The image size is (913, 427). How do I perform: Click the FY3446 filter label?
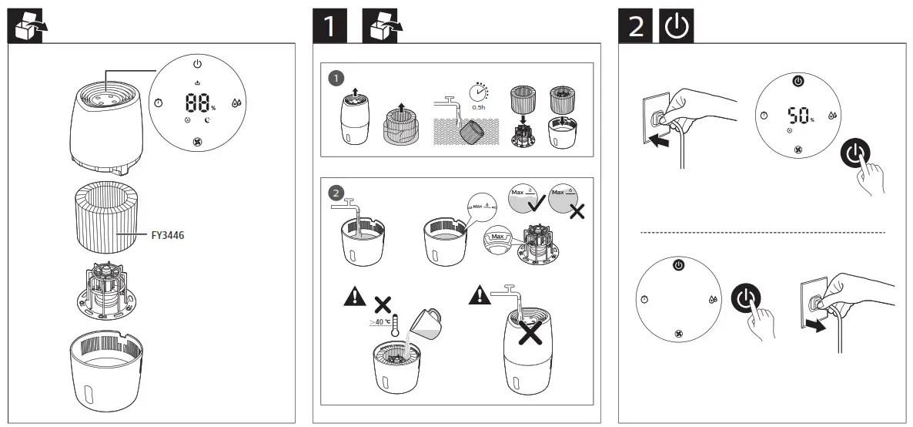point(168,236)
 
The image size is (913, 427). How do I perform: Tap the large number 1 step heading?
point(329,26)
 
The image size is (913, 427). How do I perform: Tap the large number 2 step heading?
point(635,26)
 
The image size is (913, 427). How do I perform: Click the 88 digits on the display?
point(198,103)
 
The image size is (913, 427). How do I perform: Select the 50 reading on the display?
point(798,116)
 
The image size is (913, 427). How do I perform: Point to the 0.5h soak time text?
point(479,107)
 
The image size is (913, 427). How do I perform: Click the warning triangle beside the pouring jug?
point(355,297)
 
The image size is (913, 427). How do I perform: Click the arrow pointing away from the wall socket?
point(816,325)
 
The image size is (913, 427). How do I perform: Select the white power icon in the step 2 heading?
point(676,26)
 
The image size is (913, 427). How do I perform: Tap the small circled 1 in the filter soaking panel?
point(336,78)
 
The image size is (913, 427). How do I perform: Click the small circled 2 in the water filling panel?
point(336,193)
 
